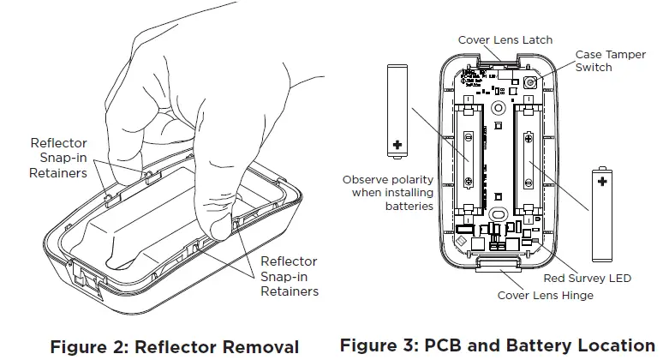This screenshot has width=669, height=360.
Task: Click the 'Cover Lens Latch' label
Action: tap(505, 39)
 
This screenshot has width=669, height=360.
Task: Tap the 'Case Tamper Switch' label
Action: tap(610, 60)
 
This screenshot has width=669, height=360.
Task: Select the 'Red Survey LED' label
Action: tap(587, 279)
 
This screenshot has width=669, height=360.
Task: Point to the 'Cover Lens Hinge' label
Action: tap(545, 296)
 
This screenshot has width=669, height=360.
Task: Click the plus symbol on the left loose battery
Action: tap(397, 145)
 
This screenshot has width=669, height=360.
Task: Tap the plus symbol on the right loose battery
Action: tap(602, 182)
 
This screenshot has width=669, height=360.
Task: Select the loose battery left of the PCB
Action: tap(397, 111)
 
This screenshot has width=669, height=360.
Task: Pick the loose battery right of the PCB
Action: tap(602, 214)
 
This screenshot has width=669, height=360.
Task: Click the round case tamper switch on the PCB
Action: tap(529, 84)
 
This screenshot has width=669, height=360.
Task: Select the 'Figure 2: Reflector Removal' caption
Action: tap(175, 346)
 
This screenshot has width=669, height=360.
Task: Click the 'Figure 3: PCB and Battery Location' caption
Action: tap(497, 345)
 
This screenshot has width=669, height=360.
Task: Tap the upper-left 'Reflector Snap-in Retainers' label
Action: tap(58, 158)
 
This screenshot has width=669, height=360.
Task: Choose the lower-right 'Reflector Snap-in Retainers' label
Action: tap(289, 276)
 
